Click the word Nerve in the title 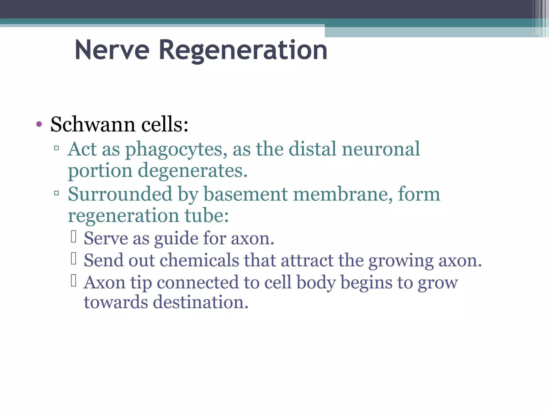[112, 50]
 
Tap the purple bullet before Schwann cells [39, 124]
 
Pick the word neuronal [381, 149]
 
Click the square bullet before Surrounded [56, 193]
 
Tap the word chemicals [199, 260]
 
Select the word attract [307, 260]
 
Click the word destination [201, 302]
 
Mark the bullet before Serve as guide [74, 237]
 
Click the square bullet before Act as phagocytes [56, 148]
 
